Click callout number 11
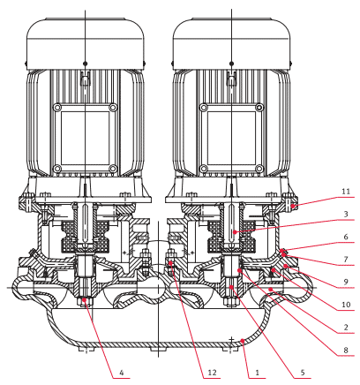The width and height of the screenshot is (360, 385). pyautogui.click(x=347, y=191)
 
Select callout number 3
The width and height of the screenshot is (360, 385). pyautogui.click(x=347, y=215)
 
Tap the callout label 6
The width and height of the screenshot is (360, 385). pyautogui.click(x=347, y=238)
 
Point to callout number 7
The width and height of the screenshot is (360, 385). pyautogui.click(x=347, y=260)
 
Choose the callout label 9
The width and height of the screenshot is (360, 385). pyautogui.click(x=347, y=283)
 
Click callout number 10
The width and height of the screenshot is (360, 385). pyautogui.click(x=347, y=306)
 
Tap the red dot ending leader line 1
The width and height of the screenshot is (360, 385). pyautogui.click(x=244, y=353)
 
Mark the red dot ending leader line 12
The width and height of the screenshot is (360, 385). pyautogui.click(x=170, y=262)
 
